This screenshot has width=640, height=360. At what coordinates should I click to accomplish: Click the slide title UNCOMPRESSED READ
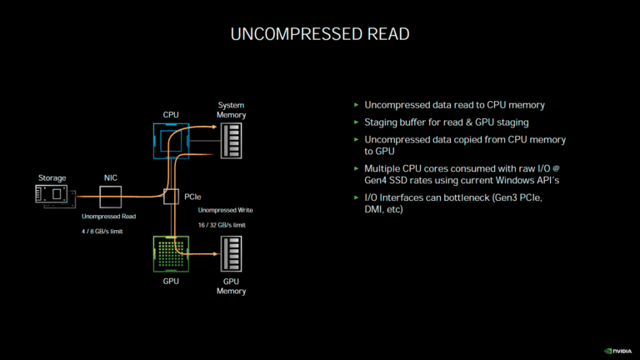tap(319, 34)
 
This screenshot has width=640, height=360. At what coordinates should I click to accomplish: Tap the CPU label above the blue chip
tap(171, 113)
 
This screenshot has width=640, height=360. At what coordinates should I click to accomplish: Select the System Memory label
tap(231, 110)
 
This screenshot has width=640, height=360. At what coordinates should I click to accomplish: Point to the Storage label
tap(52, 177)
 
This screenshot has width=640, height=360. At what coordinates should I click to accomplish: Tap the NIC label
tap(110, 177)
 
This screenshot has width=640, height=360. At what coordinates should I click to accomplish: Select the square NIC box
tap(110, 197)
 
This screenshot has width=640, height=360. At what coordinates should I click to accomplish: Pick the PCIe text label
tap(192, 197)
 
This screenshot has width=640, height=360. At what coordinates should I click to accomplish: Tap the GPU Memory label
tap(231, 287)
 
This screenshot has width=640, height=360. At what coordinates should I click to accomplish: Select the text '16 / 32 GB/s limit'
tap(222, 225)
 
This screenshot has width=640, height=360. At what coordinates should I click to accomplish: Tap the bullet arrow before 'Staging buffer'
tap(357, 122)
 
